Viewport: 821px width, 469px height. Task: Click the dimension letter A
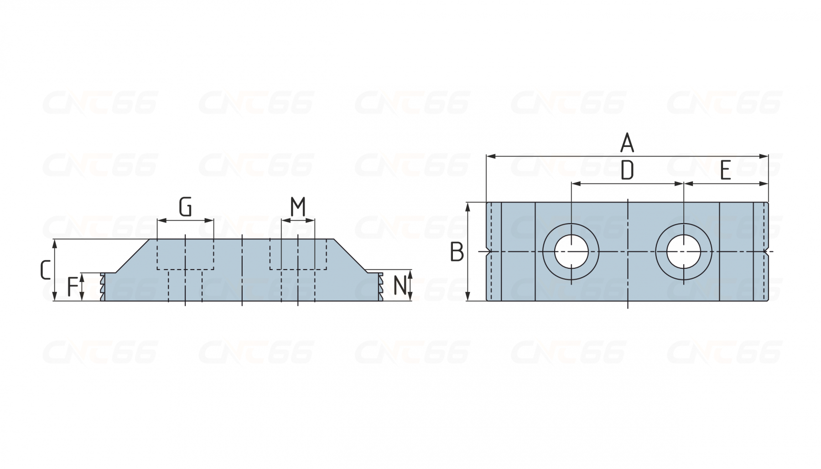(x=627, y=143)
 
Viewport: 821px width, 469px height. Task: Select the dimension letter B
(x=457, y=252)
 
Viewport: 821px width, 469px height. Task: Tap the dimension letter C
(x=45, y=270)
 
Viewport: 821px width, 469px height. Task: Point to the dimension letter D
(x=628, y=170)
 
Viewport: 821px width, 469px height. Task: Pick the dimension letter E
(x=725, y=171)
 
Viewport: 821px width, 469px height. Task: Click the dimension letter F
(x=73, y=287)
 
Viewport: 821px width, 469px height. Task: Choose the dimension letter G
(x=185, y=207)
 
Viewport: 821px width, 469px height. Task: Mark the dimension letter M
(x=298, y=207)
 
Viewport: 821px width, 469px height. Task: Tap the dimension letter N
(x=400, y=286)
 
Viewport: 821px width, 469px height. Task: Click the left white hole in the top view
(x=571, y=251)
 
